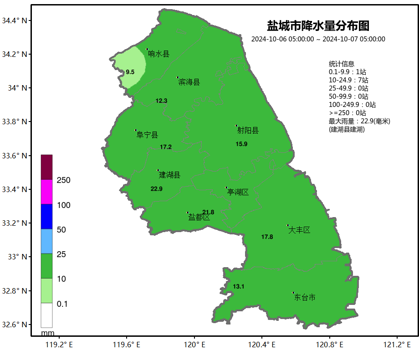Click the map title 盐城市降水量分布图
click(318, 25)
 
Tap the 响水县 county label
click(158, 54)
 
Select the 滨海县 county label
click(189, 82)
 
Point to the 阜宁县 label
click(147, 135)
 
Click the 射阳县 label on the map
click(248, 131)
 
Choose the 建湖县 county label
click(169, 175)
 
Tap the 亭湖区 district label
click(238, 193)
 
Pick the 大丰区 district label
click(299, 230)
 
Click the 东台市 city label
click(305, 298)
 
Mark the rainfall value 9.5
click(130, 72)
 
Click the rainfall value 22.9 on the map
click(157, 189)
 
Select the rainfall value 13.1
click(239, 287)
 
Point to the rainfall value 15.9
click(241, 144)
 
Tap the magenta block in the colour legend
click(46, 192)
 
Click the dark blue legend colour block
click(46, 217)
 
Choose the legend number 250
click(63, 181)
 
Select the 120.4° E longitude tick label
click(262, 345)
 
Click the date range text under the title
click(318, 39)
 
